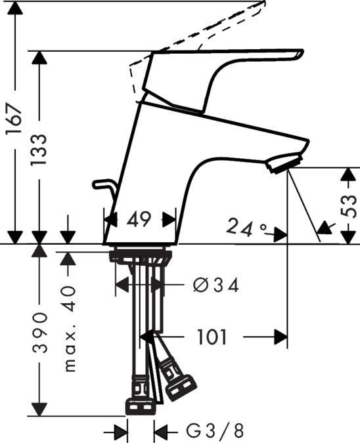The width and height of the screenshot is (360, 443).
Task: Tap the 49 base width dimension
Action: (139, 220)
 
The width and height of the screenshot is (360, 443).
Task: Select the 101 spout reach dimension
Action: (212, 337)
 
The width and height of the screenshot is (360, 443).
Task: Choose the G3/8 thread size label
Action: (214, 431)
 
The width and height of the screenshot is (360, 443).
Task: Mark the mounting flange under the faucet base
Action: (141, 255)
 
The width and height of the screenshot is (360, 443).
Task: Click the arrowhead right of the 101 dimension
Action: (281, 337)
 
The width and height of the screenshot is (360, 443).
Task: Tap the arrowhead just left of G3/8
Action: (160, 431)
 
